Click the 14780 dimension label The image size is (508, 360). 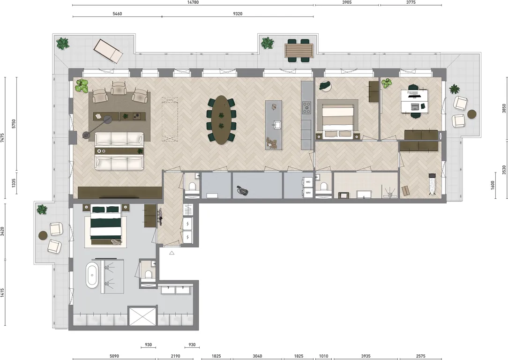click(193, 2)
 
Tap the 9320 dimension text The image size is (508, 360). click(238, 14)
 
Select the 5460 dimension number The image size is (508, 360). click(117, 14)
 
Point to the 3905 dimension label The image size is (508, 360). click(347, 2)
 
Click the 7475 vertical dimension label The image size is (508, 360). click(3, 138)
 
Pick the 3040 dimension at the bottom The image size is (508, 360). click(257, 356)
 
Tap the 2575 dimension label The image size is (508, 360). click(420, 356)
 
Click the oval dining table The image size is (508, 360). click(221, 120)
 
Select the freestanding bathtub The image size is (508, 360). click(92, 275)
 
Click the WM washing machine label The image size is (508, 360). click(308, 193)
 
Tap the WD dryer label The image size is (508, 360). click(308, 182)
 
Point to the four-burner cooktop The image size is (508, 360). click(306, 107)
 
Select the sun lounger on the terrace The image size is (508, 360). click(108, 51)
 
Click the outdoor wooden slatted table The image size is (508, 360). click(299, 51)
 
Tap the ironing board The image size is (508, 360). click(432, 184)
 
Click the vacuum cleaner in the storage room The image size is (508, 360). click(242, 190)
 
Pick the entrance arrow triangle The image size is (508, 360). click(172, 253)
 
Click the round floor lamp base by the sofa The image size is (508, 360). click(86, 135)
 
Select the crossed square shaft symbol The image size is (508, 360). click(142, 316)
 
